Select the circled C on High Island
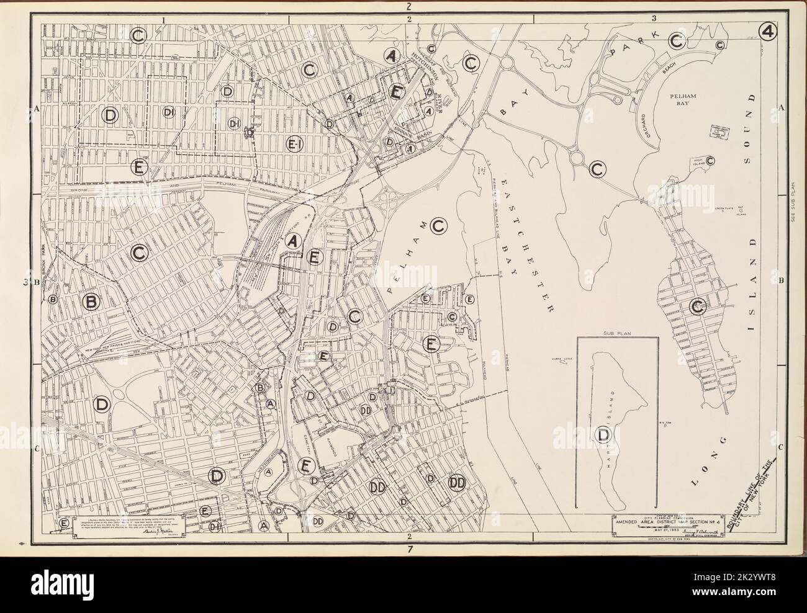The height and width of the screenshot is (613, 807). click(x=710, y=161)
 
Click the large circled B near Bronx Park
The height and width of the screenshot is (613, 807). click(x=91, y=302)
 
